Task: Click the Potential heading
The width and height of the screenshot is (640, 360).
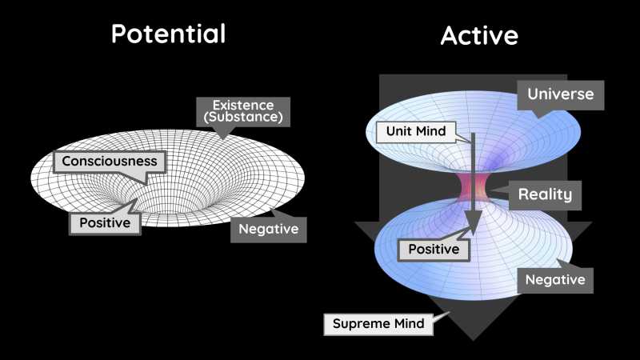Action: point(168,34)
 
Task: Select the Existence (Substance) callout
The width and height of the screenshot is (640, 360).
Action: point(242,112)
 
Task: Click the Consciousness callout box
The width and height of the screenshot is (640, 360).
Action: point(110,161)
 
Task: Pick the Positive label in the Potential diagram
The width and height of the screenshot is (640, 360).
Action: point(105,222)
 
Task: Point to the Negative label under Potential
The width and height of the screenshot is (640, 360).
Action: point(269,230)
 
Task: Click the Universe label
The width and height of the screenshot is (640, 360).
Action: point(560,94)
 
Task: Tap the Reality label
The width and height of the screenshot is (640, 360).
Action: point(544,194)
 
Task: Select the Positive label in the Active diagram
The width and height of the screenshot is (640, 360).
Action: point(434,250)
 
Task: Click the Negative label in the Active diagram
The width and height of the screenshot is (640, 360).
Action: point(555,279)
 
